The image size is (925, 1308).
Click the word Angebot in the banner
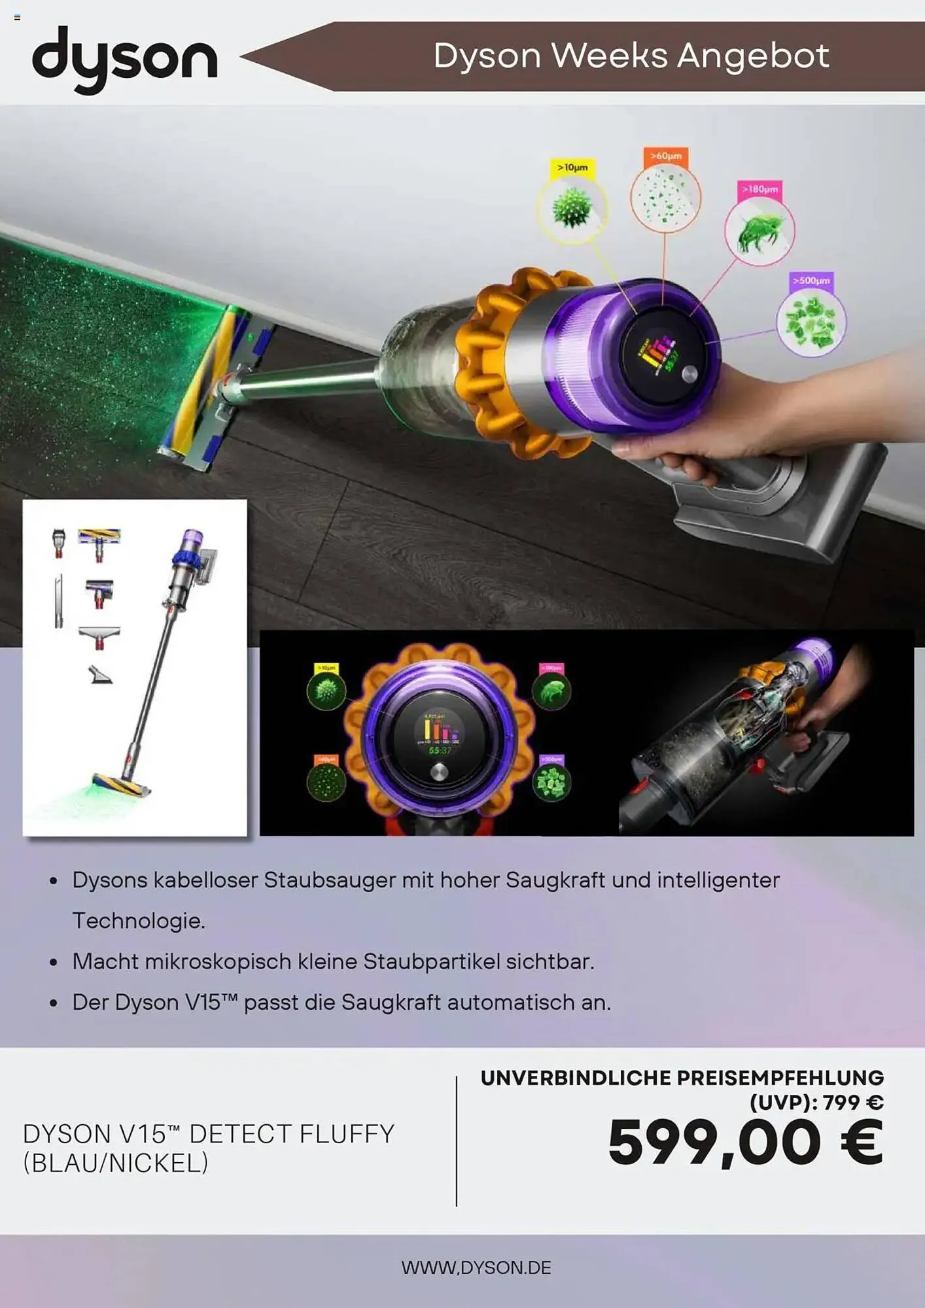pyautogui.click(x=753, y=56)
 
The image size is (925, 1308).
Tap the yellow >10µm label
pyautogui.click(x=572, y=167)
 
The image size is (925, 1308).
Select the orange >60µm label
pyautogui.click(x=665, y=156)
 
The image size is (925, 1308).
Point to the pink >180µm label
pyautogui.click(x=759, y=189)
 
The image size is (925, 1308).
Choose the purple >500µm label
pyautogui.click(x=811, y=281)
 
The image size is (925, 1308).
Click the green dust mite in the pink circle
pyautogui.click(x=759, y=232)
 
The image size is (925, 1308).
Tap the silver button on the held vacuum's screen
pyautogui.click(x=689, y=374)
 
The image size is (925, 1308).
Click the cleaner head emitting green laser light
pyautogui.click(x=203, y=386)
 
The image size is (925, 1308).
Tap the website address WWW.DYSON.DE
pyautogui.click(x=476, y=1267)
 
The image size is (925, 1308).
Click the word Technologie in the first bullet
pyautogui.click(x=139, y=921)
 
